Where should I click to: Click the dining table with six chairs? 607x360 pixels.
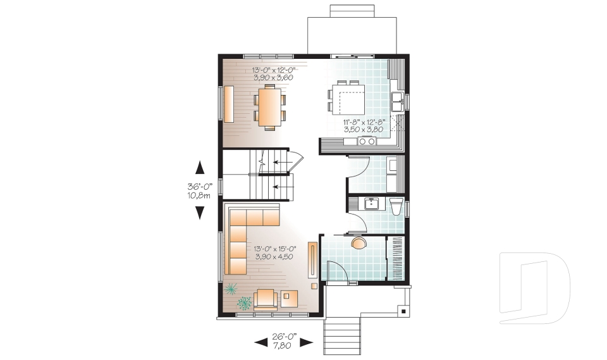click(269, 108)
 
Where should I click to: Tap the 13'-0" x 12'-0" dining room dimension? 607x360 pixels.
click(274, 73)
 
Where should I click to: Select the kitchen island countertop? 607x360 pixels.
click(352, 100)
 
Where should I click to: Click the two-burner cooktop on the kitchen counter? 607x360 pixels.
click(367, 142)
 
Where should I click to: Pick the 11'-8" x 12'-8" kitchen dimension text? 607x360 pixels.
click(364, 125)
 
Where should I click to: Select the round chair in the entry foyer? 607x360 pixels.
click(358, 244)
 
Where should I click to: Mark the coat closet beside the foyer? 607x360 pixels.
click(396, 258)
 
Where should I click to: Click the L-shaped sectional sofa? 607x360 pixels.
click(243, 234)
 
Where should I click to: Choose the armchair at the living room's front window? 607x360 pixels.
click(266, 298)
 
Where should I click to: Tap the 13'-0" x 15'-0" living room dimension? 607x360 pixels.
click(274, 252)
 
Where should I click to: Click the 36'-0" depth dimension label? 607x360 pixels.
click(199, 190)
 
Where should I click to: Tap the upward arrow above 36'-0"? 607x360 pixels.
click(200, 168)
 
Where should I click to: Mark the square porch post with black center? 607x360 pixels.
click(402, 311)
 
